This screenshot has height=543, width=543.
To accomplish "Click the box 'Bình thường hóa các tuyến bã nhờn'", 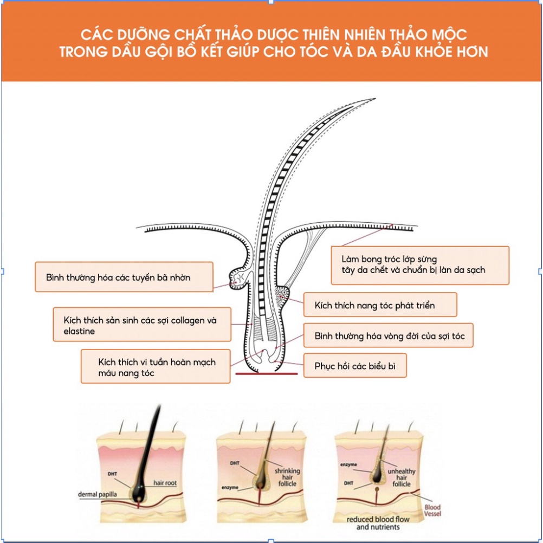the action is click(124, 277).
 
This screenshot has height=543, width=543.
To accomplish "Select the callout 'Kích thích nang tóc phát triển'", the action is click(380, 305).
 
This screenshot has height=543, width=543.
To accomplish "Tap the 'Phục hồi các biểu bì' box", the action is click(355, 365).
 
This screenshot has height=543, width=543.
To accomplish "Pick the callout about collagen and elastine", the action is click(142, 325).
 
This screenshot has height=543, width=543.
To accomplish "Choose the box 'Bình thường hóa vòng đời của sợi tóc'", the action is click(388, 335).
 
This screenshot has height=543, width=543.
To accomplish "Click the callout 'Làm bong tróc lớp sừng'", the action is click(420, 265).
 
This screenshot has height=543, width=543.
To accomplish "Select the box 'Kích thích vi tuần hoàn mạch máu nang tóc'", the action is click(156, 366).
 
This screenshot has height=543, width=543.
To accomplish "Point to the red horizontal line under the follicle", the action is click(266, 374).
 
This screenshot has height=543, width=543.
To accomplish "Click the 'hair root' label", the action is click(165, 483).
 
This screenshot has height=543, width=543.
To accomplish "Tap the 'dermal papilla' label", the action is click(98, 494).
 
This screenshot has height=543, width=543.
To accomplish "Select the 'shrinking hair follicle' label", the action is click(287, 477).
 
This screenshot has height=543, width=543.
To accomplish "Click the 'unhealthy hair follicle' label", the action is click(402, 477).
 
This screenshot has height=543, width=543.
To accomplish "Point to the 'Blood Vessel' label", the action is click(432, 510).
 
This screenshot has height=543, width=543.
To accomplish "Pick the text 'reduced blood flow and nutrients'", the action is click(378, 523).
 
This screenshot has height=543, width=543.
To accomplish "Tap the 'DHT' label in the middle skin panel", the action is click(235, 463).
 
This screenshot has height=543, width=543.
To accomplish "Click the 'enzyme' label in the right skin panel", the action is click(349, 465).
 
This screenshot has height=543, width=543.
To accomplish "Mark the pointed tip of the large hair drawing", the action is click(376, 99).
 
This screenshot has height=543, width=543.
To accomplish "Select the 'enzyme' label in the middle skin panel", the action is click(230, 488).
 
